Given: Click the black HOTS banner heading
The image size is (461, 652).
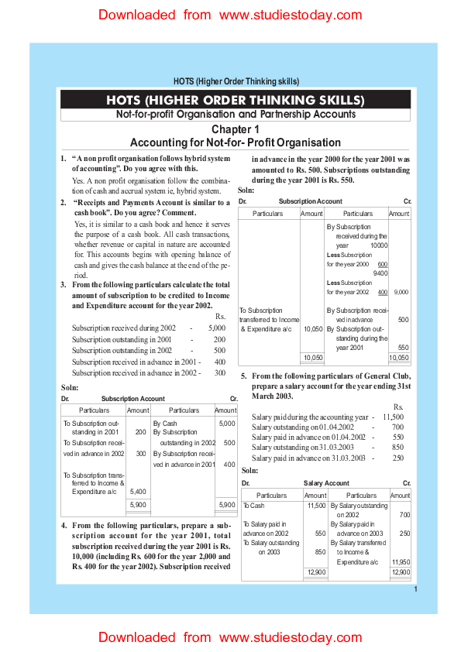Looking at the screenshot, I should pyautogui.click(x=235, y=100).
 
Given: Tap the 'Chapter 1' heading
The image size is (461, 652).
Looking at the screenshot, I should pyautogui.click(x=235, y=129).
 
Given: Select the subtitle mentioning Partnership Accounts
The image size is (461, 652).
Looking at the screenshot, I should pyautogui.click(x=235, y=115).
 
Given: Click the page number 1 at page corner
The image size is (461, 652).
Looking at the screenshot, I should pyautogui.click(x=416, y=589).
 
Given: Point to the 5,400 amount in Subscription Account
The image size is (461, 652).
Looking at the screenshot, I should pyautogui.click(x=138, y=491).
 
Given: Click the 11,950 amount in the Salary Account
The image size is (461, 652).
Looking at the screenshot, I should pyautogui.click(x=401, y=561).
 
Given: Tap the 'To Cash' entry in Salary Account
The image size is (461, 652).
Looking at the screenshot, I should pyautogui.click(x=253, y=506).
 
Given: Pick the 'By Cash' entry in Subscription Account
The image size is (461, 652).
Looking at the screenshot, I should pyautogui.click(x=165, y=424).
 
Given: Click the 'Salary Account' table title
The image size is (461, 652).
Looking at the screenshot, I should pyautogui.click(x=326, y=483).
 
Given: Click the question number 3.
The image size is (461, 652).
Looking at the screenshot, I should pyautogui.click(x=64, y=285).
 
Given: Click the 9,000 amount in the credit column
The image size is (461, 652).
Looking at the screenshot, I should pyautogui.click(x=401, y=292).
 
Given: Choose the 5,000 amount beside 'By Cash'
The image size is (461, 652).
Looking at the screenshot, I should pyautogui.click(x=227, y=424).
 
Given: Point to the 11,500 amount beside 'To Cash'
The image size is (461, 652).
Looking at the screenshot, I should pyautogui.click(x=316, y=506).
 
